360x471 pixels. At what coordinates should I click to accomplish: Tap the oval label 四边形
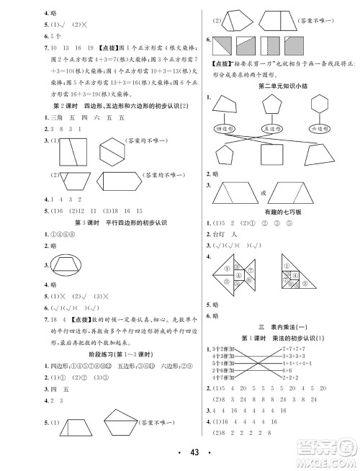point(228,128)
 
